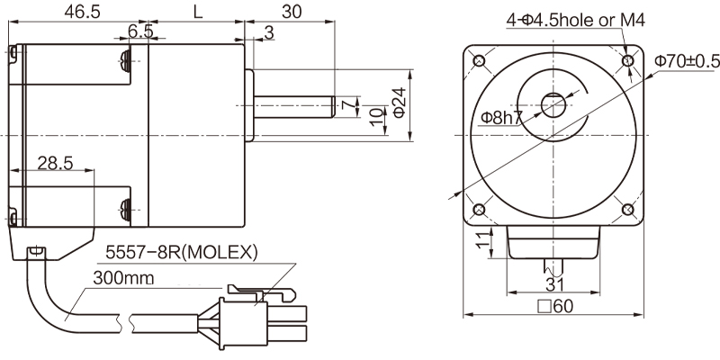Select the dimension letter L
click(x=197, y=12)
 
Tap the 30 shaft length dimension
click(x=291, y=12)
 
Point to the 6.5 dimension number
click(x=140, y=31)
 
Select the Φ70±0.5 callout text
click(x=687, y=60)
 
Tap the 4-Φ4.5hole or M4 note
click(x=575, y=20)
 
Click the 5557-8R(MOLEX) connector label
click(x=183, y=251)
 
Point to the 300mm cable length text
click(x=121, y=279)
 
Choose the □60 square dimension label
click(x=555, y=306)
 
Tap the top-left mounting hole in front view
click(x=478, y=60)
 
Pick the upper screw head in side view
click(x=126, y=61)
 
